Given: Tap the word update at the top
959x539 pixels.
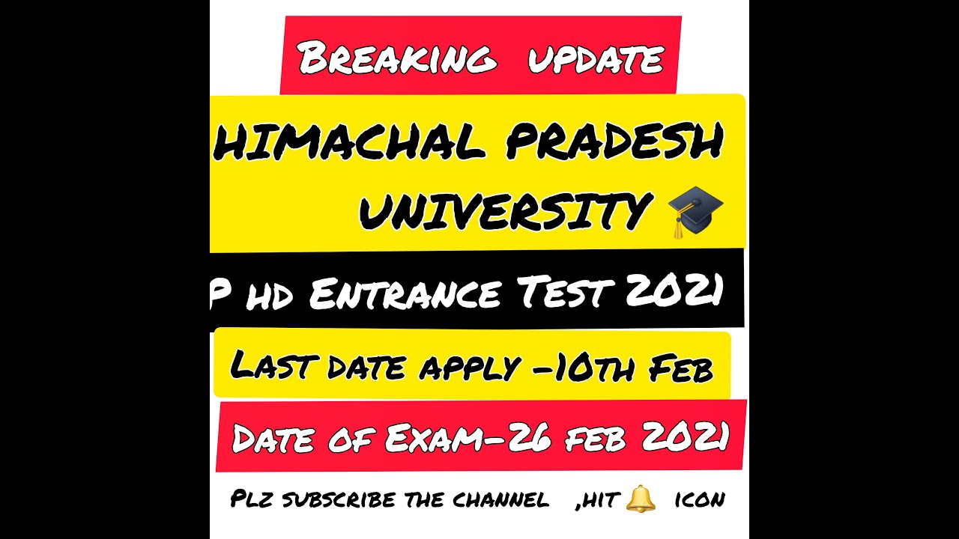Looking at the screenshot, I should tap(595, 58).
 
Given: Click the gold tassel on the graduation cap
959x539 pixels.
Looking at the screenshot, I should tap(679, 227).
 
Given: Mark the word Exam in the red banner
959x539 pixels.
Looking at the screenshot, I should tap(430, 438).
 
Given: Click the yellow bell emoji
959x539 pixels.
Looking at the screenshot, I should tap(640, 497).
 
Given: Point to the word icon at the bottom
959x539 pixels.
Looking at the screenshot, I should tap(699, 499).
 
